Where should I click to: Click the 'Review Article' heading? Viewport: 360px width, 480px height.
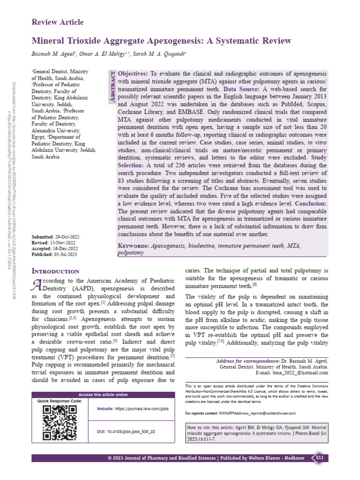[x=57, y=22]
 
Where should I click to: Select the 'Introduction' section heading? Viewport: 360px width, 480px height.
[x=55, y=271]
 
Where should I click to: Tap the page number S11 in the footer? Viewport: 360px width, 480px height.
[x=319, y=457]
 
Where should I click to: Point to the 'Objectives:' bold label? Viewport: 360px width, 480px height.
[x=133, y=74]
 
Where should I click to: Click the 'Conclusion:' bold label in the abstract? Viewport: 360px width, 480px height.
[x=311, y=204]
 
